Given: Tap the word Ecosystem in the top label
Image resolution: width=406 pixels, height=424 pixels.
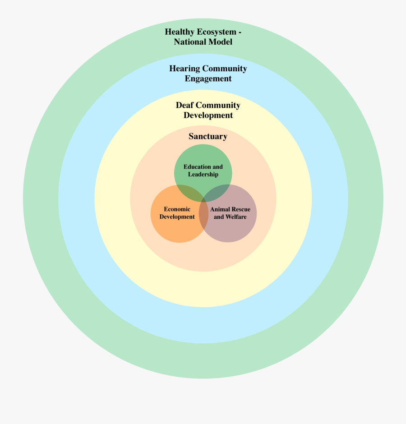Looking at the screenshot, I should coord(218,32).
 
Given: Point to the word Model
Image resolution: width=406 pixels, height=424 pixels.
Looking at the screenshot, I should coord(220,42).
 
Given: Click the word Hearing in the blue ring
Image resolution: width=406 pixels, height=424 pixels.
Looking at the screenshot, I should coord(185,69).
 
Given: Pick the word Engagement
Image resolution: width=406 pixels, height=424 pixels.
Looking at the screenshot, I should coord(208,78).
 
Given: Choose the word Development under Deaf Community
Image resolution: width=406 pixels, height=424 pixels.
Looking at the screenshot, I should coord(208,115).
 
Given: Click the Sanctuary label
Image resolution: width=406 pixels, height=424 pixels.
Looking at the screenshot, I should coord(208,136).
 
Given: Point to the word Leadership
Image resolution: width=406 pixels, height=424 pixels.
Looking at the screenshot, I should coord(203,175).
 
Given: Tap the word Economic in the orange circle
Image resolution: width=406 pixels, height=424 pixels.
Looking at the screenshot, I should coord(177,209).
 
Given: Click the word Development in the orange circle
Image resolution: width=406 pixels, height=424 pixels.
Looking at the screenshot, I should coord(177,217).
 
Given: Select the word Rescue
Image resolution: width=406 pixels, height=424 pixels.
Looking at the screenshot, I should coord(241,209).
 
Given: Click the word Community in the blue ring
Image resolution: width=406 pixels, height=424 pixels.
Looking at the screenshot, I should coord(225,69).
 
